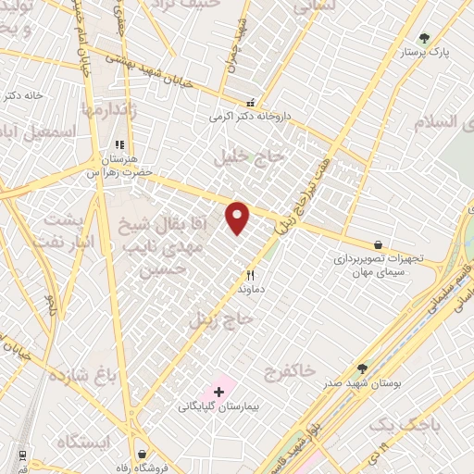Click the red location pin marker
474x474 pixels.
pos(238,218)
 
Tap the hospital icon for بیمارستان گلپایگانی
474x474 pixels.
pos(218,393)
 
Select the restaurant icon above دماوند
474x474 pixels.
pos(250,275)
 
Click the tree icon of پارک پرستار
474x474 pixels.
pos(424,38)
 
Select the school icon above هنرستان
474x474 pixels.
pos(118,145)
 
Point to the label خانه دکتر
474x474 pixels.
pos(23,95)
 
